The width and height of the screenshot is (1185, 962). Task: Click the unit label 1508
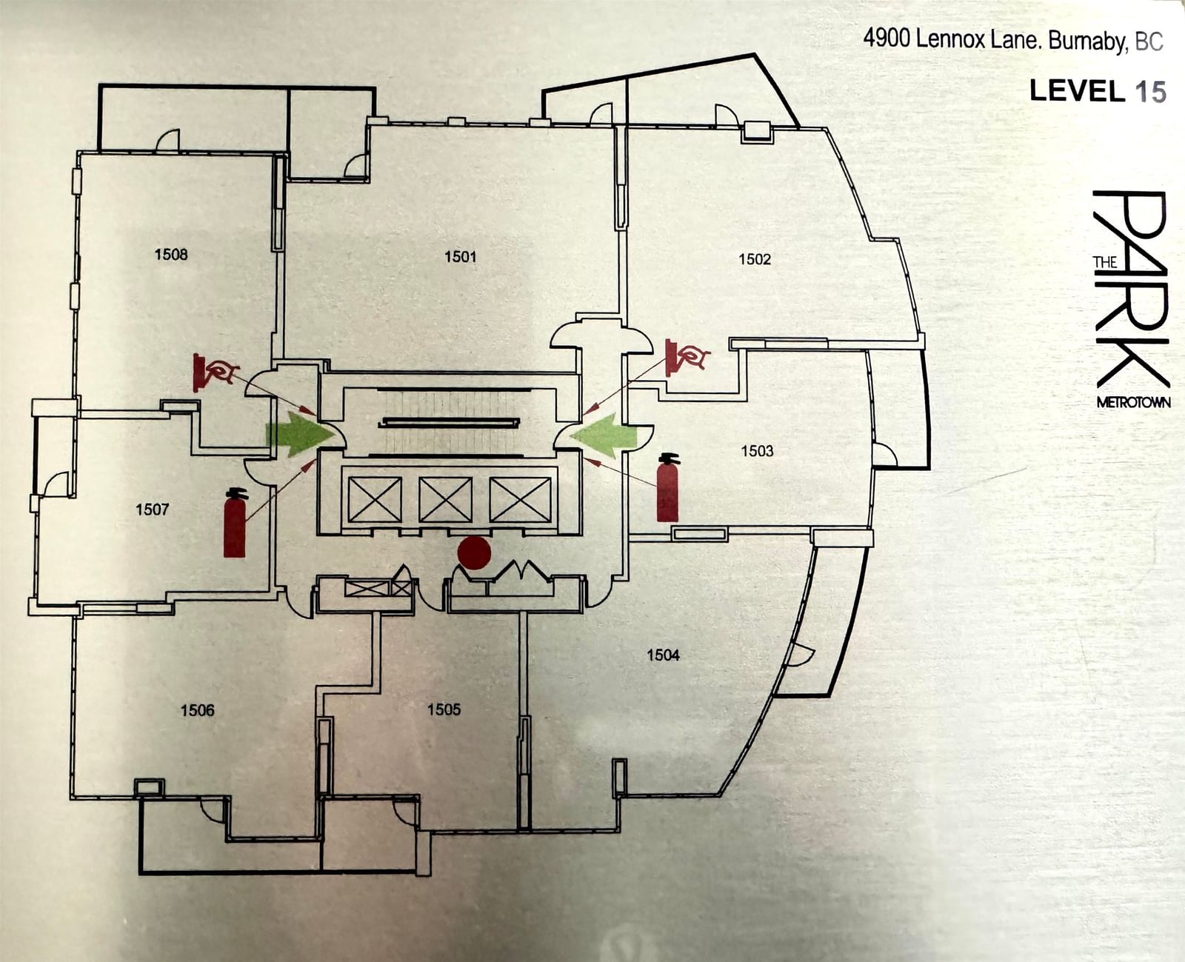click(171, 254)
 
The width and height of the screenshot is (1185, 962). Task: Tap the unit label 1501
click(460, 256)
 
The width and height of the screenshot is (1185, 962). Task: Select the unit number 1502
click(755, 258)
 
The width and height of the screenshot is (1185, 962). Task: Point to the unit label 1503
click(757, 451)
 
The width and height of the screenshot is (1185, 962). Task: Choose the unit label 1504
click(663, 655)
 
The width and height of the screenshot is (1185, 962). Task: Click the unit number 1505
click(444, 709)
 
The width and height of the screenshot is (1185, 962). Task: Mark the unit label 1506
click(198, 710)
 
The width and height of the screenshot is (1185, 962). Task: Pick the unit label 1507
click(153, 509)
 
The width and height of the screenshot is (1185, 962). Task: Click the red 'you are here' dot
click(474, 553)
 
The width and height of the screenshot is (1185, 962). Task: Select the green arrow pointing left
click(605, 435)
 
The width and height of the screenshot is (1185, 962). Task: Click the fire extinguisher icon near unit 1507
click(235, 522)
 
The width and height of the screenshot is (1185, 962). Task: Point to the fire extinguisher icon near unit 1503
click(667, 487)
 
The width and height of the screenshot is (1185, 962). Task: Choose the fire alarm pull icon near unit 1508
click(215, 372)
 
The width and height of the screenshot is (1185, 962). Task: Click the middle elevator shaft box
click(446, 500)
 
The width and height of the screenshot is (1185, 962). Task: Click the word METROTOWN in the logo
click(1133, 402)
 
